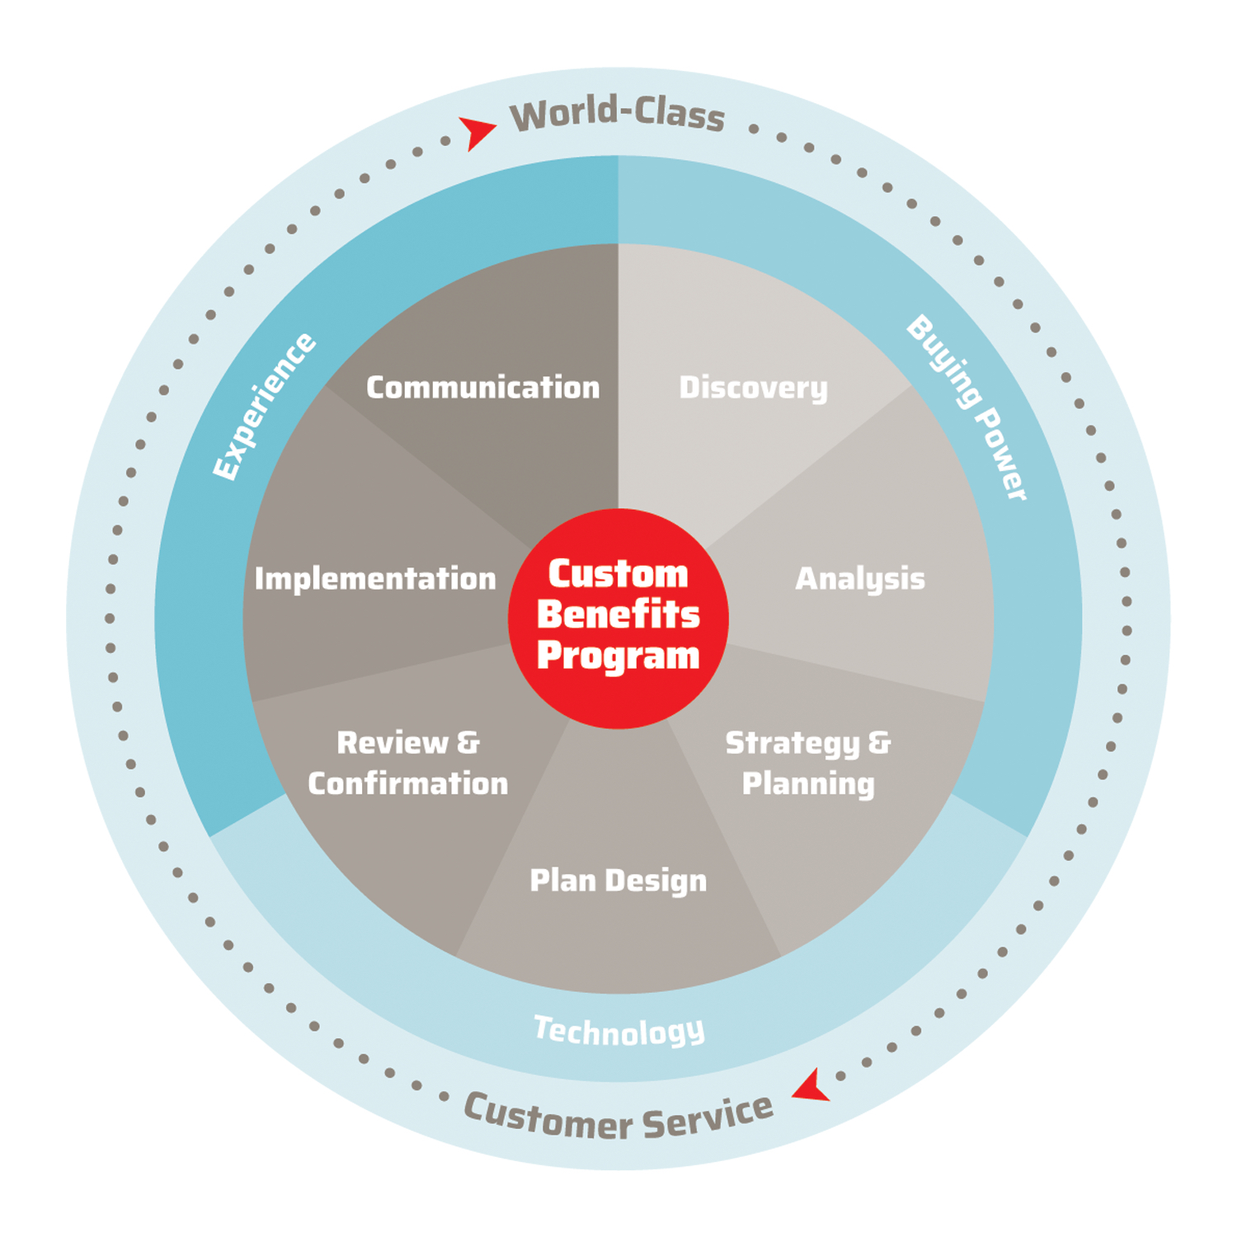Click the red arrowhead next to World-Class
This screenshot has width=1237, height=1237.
point(477,131)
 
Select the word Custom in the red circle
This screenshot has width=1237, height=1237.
point(618,574)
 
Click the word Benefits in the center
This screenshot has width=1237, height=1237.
point(618,614)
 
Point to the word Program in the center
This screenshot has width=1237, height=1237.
point(618,656)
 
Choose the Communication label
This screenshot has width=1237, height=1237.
point(482,388)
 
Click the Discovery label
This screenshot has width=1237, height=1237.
point(753,388)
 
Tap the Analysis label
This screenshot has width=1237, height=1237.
point(859,579)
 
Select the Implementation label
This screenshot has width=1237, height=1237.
point(375,579)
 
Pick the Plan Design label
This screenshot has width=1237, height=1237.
point(618,881)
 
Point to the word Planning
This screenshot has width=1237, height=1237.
point(808,784)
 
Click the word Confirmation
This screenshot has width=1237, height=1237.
point(408,784)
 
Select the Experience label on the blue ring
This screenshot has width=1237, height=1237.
point(264,406)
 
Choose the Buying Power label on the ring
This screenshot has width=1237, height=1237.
point(967,407)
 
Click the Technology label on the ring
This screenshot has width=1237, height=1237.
point(619,1031)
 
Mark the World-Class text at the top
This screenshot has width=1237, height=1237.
point(617,114)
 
